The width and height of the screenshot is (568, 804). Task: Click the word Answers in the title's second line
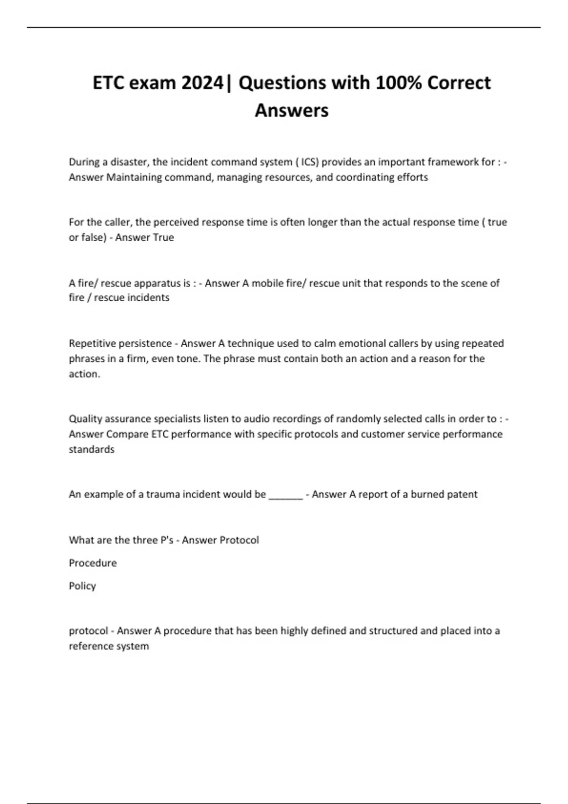tap(292, 110)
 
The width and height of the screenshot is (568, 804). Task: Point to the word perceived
tap(176, 222)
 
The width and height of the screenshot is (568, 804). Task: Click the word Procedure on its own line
tap(93, 563)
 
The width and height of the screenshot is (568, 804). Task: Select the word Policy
tap(82, 586)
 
